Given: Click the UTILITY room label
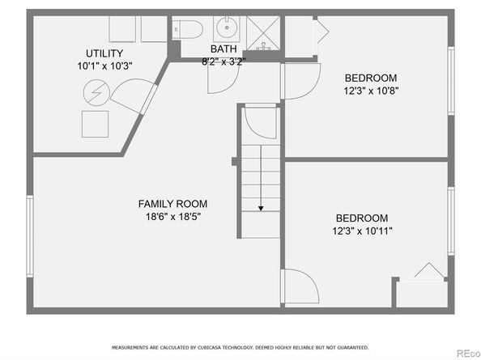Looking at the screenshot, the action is pos(104,53).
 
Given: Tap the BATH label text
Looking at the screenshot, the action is pos(223,49).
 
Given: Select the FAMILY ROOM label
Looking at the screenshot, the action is pos(172,204).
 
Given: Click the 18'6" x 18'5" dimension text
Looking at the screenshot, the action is pos(173,217).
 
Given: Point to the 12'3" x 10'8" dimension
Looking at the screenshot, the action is pos(371,91).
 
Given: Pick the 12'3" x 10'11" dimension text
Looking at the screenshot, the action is pos(362,231).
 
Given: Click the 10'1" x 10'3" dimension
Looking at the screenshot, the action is pos(104,66).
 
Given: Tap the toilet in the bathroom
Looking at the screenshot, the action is pos(187,29).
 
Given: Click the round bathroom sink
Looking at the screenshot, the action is pos(227,28).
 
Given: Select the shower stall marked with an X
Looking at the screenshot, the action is pos(263,33).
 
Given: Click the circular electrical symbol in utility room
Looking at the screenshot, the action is pos(96,92).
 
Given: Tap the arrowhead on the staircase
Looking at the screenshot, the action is pos(261,209).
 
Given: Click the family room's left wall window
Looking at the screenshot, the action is pos(30,236).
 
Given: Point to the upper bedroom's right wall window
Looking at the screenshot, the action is pos(450,81).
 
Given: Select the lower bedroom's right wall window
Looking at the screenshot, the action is pos(450,221).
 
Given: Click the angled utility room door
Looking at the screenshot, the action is pos(134,96).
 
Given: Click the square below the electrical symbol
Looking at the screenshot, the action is pos(95,124).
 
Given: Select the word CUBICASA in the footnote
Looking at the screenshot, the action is pos(210,347).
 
